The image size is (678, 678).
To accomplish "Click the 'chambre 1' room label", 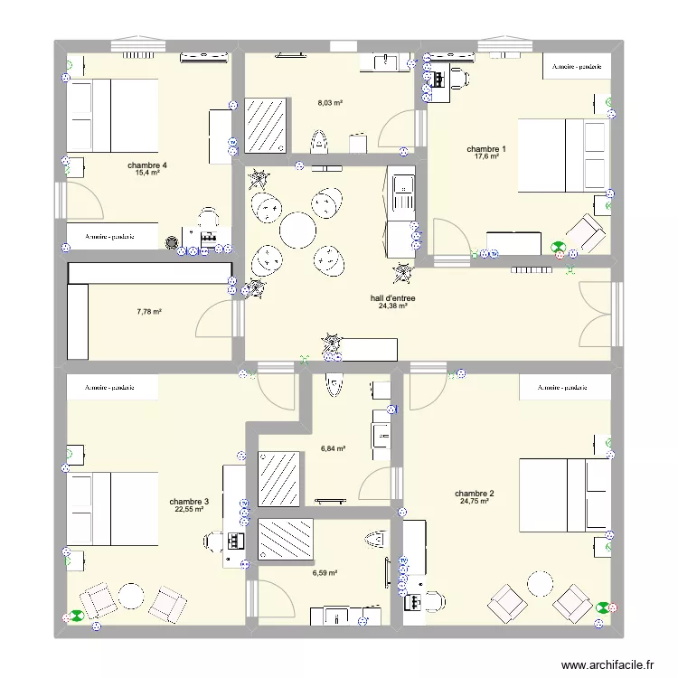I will coord(486,149).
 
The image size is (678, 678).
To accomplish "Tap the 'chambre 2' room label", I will coord(475,493).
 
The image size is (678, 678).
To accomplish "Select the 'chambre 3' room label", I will coord(189,502).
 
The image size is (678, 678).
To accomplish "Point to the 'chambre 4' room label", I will coord(147,165).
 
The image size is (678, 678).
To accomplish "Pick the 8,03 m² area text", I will coord(329,103).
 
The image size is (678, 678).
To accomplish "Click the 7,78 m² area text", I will coord(149,312).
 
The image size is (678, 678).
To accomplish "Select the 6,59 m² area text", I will coord(325,572).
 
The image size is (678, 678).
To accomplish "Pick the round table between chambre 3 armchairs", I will coord(132,597).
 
